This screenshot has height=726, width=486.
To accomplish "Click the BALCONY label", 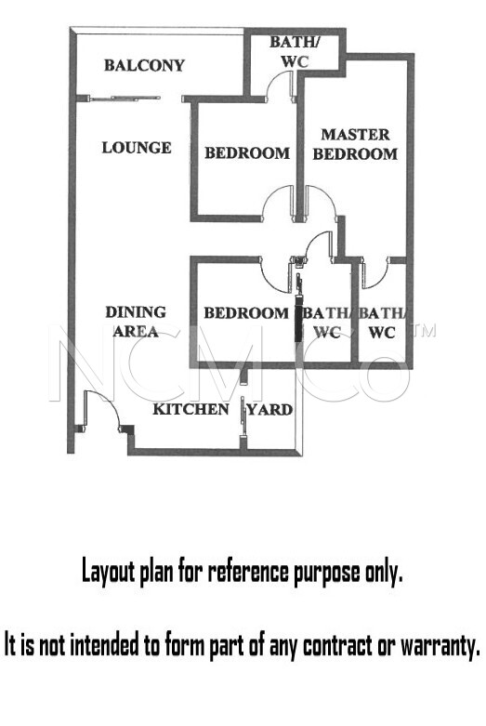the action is (144, 65).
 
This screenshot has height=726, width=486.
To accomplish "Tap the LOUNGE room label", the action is (137, 148).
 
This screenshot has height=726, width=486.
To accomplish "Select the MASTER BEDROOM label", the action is (355, 144).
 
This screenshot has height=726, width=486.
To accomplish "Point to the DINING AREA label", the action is (136, 322).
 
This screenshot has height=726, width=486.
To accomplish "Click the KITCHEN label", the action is (190, 409).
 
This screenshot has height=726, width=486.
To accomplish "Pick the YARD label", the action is (269, 410).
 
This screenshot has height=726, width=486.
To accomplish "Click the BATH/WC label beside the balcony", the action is (295, 51).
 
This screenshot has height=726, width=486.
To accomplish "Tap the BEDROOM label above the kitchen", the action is (246, 313).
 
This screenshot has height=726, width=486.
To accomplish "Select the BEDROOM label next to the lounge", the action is (247, 153).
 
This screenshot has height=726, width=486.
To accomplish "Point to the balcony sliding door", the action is (125, 98).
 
